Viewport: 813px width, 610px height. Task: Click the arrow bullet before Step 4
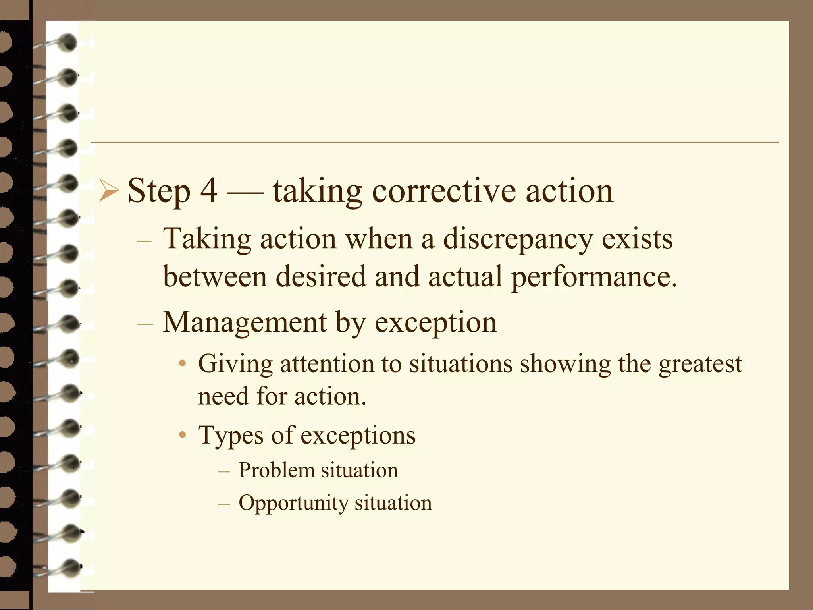(108, 191)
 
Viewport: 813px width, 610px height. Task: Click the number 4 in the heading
(208, 191)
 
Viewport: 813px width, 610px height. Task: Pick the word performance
(593, 277)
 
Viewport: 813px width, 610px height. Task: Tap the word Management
(245, 322)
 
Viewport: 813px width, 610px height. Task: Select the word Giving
(235, 364)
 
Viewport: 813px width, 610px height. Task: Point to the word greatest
(700, 364)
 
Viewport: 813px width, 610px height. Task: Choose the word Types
(231, 436)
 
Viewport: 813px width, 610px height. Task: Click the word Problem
(276, 471)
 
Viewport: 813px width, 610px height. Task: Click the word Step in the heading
(159, 191)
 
